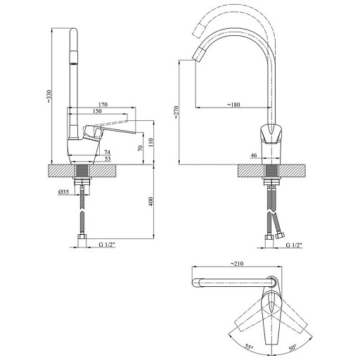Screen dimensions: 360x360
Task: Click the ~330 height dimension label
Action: [49, 96]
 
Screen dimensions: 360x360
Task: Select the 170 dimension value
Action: [103, 105]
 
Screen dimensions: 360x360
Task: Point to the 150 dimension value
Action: [97, 111]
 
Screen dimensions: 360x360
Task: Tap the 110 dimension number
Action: [150, 143]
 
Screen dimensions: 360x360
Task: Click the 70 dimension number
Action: [140, 148]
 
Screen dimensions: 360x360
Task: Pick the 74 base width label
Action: [107, 153]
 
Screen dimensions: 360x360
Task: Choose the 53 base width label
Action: [108, 159]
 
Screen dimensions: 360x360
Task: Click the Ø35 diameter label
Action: [63, 192]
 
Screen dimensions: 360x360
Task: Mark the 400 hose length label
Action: [151, 202]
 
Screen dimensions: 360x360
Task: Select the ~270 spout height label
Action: [176, 112]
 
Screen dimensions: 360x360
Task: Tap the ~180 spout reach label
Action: [233, 105]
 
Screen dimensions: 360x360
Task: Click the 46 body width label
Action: [254, 155]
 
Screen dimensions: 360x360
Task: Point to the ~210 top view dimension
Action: [237, 264]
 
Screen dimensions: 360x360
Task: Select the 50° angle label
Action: [292, 347]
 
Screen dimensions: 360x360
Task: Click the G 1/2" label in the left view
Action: [107, 245]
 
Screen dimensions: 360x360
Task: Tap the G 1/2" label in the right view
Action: [294, 245]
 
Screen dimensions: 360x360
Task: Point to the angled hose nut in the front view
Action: [280, 235]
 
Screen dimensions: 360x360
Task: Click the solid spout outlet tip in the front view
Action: [198, 54]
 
